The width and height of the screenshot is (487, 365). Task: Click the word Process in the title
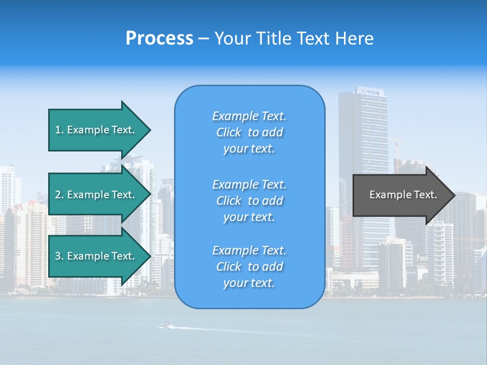(x=159, y=39)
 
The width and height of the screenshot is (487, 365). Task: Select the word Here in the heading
(x=355, y=39)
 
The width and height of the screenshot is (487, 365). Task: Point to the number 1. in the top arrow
(x=59, y=130)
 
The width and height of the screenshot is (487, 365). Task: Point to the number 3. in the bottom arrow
(x=59, y=256)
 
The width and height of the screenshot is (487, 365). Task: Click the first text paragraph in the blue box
(x=249, y=132)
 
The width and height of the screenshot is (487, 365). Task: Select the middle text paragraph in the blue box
(x=249, y=201)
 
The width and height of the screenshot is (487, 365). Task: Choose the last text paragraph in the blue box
(x=249, y=267)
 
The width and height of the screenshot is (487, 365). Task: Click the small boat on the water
(x=165, y=325)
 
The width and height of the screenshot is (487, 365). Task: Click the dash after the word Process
(x=204, y=39)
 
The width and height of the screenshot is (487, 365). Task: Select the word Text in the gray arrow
(x=425, y=195)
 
